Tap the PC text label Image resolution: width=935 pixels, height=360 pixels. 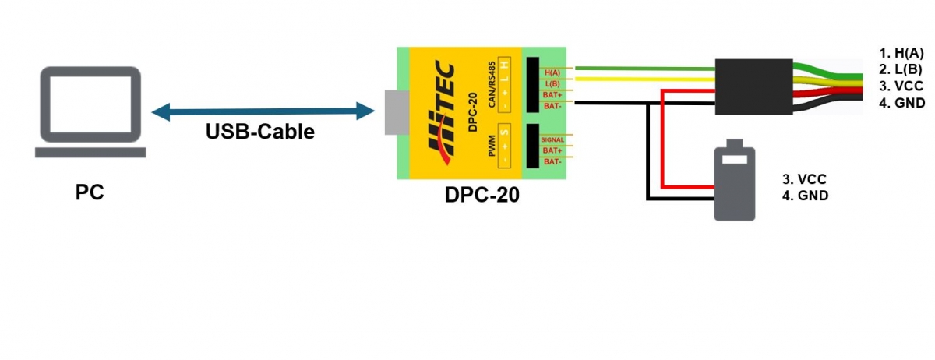90,192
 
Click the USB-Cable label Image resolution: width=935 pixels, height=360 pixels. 259,132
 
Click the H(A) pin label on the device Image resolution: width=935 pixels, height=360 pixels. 552,71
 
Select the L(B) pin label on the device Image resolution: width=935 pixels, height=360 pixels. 552,83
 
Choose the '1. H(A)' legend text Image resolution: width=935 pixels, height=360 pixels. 901,53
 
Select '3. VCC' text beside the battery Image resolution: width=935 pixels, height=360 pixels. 803,179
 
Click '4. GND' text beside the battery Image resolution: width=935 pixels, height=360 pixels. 805,196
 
